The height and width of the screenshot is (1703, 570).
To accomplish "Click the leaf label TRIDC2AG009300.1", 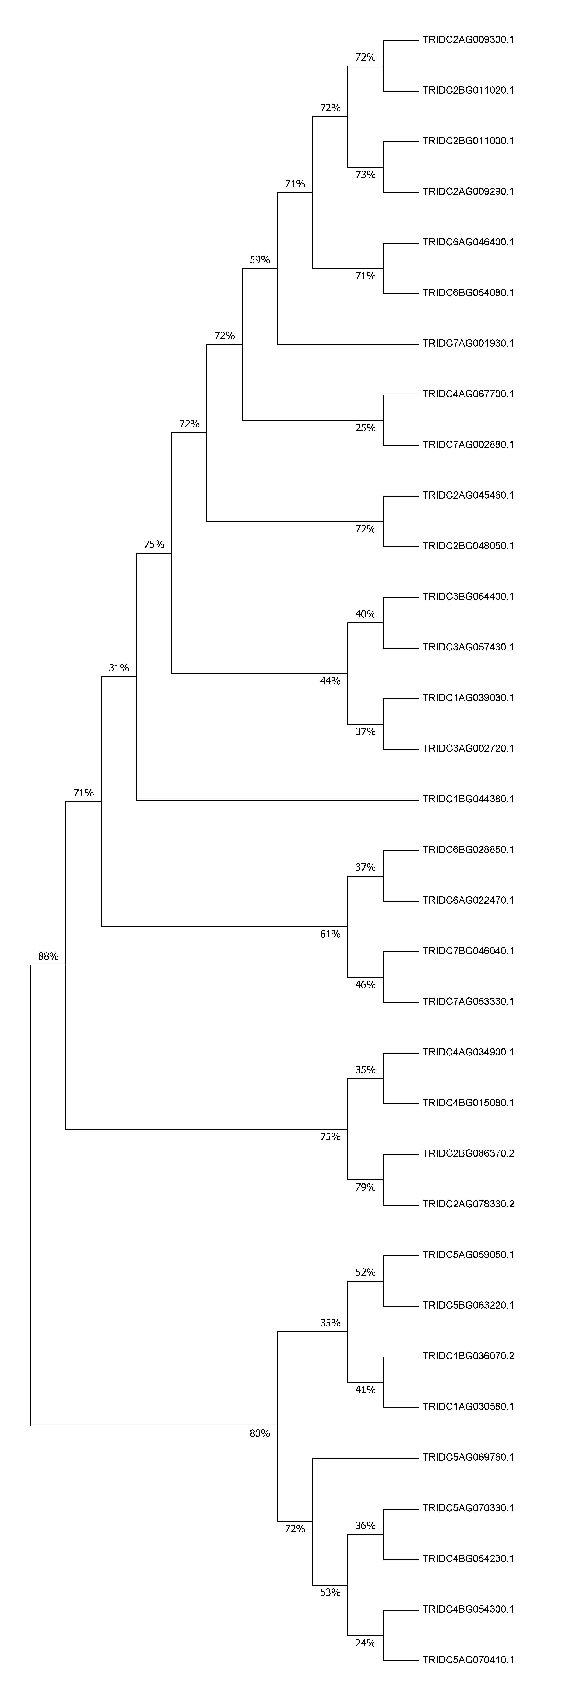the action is click(x=468, y=40).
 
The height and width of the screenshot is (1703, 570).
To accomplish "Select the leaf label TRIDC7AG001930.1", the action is click(x=468, y=343).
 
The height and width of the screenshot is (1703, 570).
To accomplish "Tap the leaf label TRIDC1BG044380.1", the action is click(x=468, y=799).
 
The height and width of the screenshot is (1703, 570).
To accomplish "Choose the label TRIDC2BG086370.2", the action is click(x=468, y=1153).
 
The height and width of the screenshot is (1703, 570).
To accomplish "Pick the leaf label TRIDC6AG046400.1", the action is click(x=468, y=242).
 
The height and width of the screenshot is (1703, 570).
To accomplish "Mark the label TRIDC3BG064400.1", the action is click(x=468, y=596).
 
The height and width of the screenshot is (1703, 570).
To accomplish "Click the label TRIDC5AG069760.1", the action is click(x=468, y=1457).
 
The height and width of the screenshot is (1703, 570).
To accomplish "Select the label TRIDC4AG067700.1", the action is click(x=468, y=394).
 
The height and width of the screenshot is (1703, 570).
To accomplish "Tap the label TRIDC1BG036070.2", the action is click(x=468, y=1356).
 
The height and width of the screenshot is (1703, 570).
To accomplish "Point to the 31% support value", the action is click(x=119, y=668).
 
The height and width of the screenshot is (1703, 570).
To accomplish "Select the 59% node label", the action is click(x=260, y=260).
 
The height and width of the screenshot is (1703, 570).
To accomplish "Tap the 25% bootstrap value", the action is click(x=365, y=428).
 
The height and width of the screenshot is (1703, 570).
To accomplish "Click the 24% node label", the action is click(x=365, y=1643).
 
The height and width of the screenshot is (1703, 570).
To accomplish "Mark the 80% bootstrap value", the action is click(x=260, y=1433).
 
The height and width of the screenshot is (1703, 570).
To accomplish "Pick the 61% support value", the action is click(x=330, y=934).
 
